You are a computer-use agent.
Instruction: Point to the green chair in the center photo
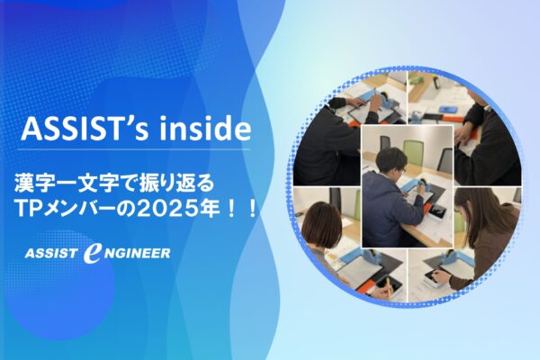pyautogui.click(x=413, y=150)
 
